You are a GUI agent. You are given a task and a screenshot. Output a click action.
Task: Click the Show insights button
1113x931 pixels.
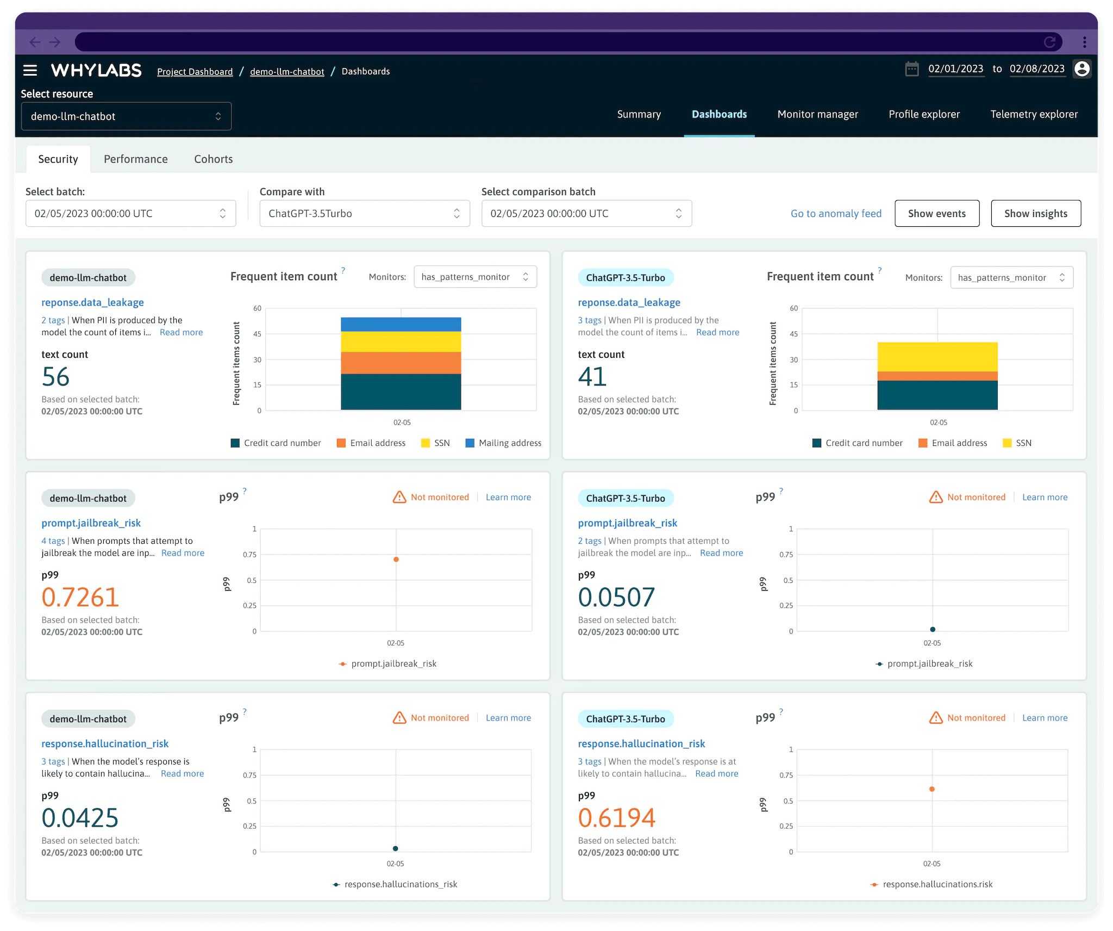pos(1035,213)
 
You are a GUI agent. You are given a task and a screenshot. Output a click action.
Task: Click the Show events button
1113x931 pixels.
pos(936,213)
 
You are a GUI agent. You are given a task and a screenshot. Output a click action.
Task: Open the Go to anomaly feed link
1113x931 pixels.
pos(835,214)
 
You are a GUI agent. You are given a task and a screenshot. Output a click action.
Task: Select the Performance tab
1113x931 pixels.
pos(135,159)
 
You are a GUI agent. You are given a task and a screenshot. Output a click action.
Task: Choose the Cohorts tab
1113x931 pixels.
pos(213,159)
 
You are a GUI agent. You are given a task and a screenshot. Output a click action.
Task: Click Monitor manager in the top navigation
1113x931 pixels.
pos(817,114)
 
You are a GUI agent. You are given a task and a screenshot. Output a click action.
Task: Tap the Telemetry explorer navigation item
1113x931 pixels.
pos(1034,114)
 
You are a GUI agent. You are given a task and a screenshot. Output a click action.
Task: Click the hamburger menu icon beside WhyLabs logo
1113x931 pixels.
pos(30,70)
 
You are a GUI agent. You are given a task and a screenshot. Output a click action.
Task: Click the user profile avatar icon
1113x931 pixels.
pos(1081,69)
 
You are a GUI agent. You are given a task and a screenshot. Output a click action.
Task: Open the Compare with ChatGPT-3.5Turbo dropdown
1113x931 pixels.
pos(364,213)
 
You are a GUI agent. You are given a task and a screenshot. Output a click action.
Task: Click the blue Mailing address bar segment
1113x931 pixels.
pos(401,324)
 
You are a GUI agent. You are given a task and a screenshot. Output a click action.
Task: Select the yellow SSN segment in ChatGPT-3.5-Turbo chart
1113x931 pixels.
pos(937,357)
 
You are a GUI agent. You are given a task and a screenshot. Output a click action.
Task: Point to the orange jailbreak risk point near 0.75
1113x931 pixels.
pos(396,559)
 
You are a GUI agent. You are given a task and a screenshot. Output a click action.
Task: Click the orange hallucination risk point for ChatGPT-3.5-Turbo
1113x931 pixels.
pos(932,789)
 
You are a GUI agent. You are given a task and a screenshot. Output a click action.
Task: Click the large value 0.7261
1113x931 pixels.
pos(80,597)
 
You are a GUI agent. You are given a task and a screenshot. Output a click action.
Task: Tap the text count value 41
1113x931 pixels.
pos(592,377)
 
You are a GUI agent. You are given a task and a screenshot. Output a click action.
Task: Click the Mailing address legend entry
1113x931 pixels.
pos(503,443)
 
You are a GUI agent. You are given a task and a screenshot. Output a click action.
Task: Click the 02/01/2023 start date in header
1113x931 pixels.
pos(955,69)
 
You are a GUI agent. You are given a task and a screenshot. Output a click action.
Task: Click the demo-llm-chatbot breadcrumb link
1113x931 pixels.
pos(287,72)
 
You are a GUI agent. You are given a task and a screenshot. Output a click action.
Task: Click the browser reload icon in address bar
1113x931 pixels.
pos(1049,42)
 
